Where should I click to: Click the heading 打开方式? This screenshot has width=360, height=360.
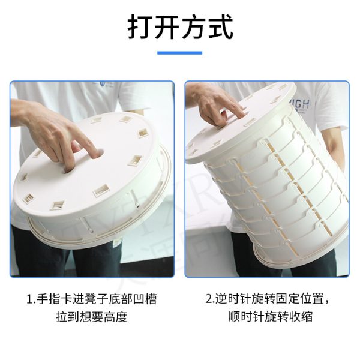[181, 27]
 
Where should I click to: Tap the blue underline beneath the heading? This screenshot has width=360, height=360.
[180, 53]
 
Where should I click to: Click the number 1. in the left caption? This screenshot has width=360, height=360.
[31, 299]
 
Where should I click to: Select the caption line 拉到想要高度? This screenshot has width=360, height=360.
[92, 317]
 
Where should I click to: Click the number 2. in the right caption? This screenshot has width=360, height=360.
[210, 299]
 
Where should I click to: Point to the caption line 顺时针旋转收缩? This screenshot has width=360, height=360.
[270, 317]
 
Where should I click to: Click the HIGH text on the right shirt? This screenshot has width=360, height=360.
[300, 105]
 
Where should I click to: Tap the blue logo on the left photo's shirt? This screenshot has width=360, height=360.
[103, 83]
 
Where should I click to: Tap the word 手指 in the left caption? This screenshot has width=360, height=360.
[49, 299]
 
